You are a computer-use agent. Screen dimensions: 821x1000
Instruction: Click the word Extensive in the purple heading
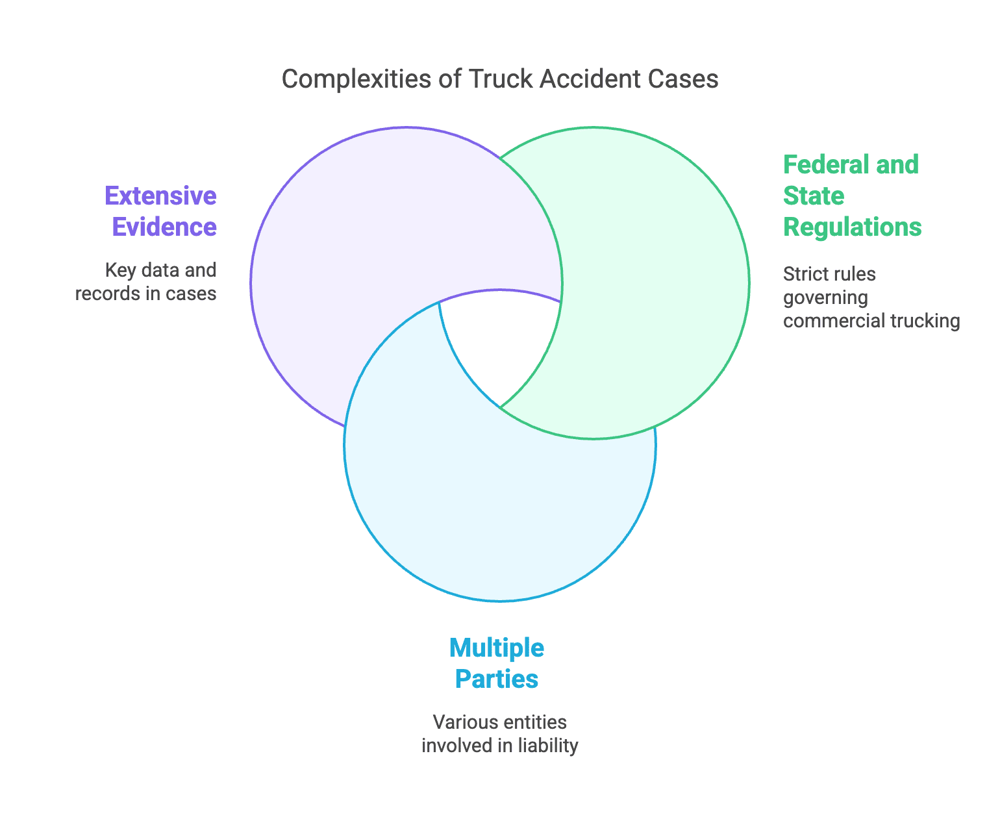(160, 196)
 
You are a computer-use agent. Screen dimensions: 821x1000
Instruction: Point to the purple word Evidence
(164, 227)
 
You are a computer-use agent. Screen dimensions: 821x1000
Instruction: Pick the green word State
(814, 196)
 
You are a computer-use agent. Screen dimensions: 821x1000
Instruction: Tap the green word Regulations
(852, 227)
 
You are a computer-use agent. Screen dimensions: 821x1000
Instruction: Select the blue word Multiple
(497, 648)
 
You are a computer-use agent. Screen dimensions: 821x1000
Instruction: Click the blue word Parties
(497, 679)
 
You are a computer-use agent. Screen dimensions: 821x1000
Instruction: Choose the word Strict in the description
(801, 274)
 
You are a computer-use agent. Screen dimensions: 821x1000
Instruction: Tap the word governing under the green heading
(825, 297)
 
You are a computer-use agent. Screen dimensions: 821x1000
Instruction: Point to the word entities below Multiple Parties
(535, 722)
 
